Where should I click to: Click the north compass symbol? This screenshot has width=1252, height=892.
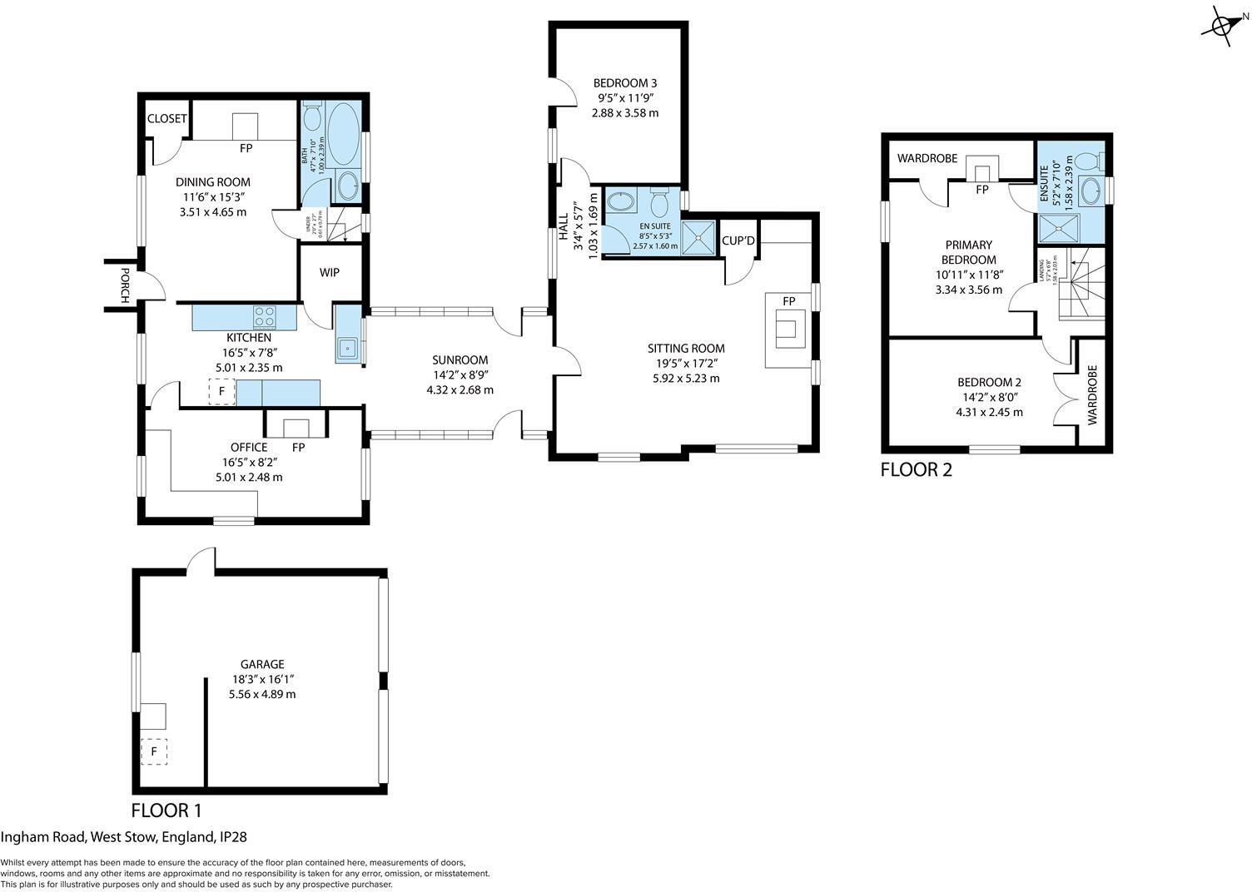coord(1223,24)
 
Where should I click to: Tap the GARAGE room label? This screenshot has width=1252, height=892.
coord(262,664)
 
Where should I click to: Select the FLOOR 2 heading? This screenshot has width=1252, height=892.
coord(916,470)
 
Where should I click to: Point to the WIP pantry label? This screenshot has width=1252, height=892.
coord(330,273)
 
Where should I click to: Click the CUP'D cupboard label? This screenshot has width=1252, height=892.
coord(738,241)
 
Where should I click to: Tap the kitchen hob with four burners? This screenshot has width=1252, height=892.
coord(265,317)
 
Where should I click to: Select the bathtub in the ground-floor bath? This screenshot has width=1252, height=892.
coord(343,136)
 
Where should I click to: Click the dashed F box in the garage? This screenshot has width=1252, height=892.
coord(154,751)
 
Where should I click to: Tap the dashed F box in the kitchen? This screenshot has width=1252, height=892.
coord(221,391)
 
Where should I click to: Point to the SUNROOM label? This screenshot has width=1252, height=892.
coord(460,360)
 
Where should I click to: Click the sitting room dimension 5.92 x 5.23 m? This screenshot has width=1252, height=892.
coord(686,378)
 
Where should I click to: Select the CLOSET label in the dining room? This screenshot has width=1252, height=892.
coord(166,118)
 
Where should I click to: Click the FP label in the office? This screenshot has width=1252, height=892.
coord(298,448)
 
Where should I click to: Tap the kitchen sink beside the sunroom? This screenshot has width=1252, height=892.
coord(346,348)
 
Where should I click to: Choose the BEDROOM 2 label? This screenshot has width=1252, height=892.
coord(989,383)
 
